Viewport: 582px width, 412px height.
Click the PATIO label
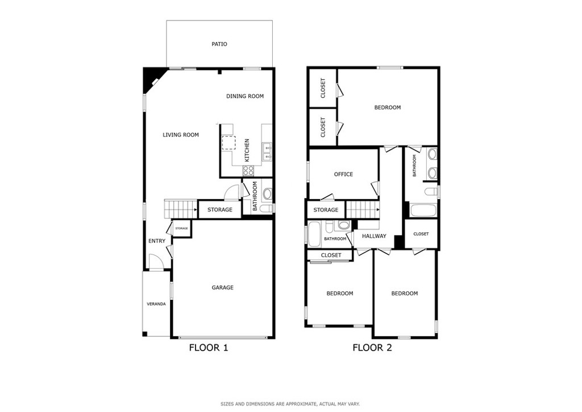(219, 44)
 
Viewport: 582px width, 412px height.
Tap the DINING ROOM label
(245, 96)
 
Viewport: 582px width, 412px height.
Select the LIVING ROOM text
(181, 135)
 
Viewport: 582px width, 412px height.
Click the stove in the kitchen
(248, 171)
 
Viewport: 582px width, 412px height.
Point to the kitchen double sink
(267, 153)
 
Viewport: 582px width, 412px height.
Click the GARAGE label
(223, 287)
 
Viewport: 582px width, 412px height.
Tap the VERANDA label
(156, 304)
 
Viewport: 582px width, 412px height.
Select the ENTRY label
(157, 241)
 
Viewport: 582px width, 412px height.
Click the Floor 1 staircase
(181, 209)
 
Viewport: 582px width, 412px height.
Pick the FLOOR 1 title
(208, 348)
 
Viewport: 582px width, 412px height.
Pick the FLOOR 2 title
(372, 348)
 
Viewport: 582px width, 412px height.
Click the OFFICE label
(343, 174)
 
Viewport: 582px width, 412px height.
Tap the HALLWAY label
(374, 236)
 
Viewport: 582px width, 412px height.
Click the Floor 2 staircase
(363, 210)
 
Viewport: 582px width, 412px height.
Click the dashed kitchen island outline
(228, 143)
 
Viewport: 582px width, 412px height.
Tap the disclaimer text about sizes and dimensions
(290, 404)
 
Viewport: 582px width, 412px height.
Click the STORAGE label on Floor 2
(326, 210)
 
